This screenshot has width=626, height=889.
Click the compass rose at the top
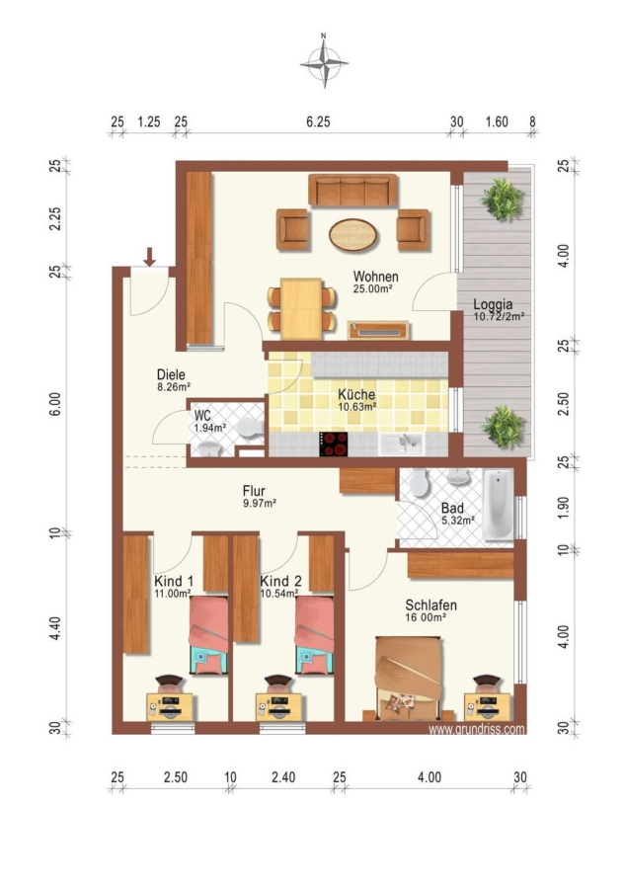click(x=324, y=62)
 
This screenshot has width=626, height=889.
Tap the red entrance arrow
click(x=149, y=256)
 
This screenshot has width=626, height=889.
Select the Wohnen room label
click(x=375, y=277)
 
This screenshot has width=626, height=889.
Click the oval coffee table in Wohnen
click(x=352, y=235)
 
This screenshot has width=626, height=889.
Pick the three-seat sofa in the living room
click(x=352, y=190)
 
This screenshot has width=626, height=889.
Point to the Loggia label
click(x=493, y=304)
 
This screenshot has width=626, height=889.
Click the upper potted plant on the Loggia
click(x=502, y=199)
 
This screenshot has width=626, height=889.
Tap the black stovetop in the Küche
click(x=334, y=444)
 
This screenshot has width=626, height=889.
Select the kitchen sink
click(x=401, y=444)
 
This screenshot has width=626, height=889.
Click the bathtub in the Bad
click(x=499, y=504)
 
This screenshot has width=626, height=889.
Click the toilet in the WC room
click(x=249, y=428)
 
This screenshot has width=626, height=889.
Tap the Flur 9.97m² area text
click(x=260, y=496)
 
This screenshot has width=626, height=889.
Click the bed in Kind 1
click(x=208, y=634)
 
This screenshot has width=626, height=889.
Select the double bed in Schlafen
click(x=409, y=678)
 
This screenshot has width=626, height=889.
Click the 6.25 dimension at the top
click(x=318, y=121)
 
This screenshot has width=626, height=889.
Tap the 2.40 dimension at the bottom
click(x=283, y=776)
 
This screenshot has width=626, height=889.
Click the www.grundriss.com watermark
click(x=477, y=729)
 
